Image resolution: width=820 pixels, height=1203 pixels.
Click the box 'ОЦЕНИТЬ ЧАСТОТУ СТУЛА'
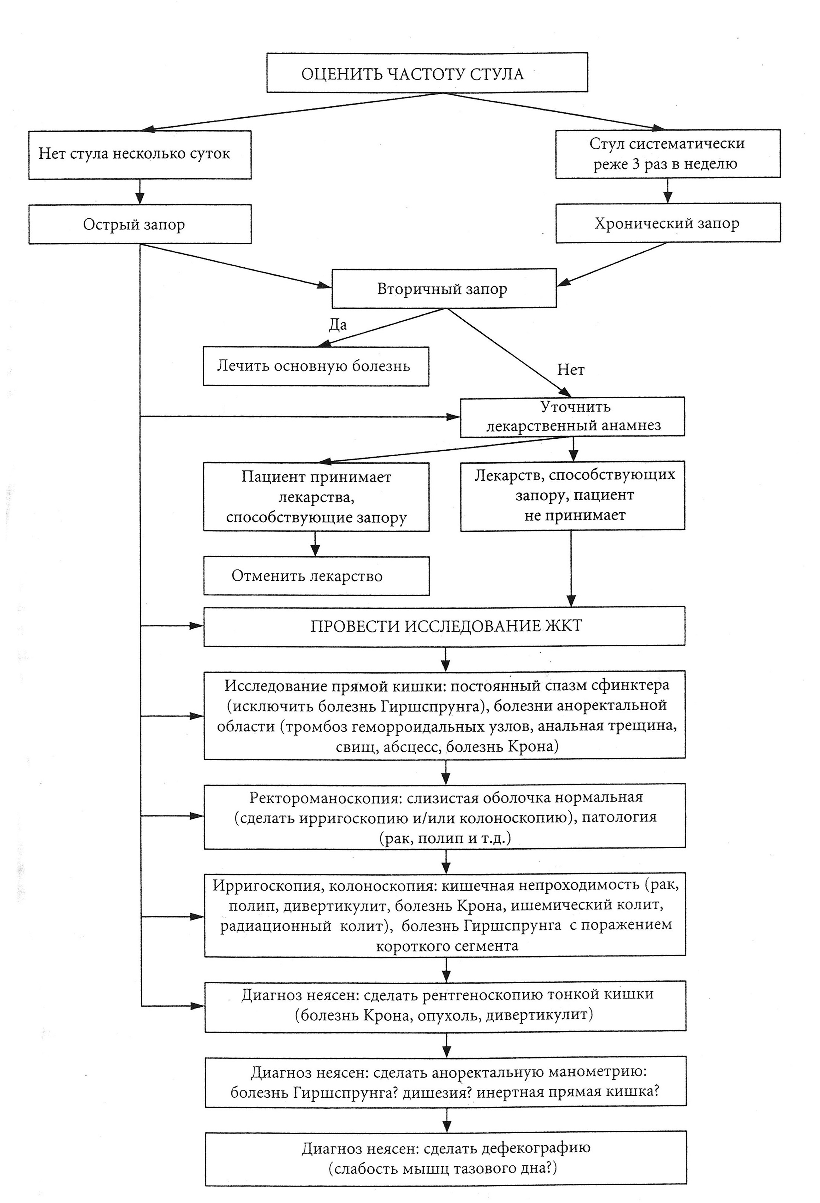pos(427,73)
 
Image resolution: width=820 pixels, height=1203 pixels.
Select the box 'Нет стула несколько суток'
pos(140,154)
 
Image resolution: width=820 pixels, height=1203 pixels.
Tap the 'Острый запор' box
pos(140,224)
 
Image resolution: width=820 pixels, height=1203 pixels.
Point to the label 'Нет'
pos(571,370)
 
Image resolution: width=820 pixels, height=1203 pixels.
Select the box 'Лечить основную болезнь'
pos(316,366)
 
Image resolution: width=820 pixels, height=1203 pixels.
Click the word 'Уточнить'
pos(575,407)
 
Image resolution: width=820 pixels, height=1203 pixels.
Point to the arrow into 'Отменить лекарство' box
pos(315,543)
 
